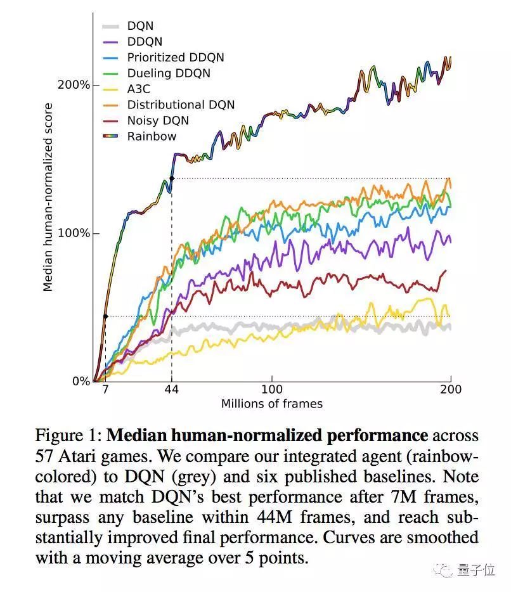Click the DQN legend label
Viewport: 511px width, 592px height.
pos(140,26)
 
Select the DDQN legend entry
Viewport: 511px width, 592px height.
pos(145,42)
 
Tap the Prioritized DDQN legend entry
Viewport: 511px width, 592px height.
pos(175,58)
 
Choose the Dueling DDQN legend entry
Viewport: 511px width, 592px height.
pos(168,74)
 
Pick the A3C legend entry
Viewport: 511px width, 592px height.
pos(139,89)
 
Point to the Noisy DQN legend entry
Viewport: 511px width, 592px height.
pos(157,120)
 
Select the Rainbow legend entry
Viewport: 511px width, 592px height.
pos(152,136)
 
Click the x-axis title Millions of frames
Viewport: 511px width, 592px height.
pos(271,404)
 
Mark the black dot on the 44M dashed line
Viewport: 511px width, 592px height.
pos(171,178)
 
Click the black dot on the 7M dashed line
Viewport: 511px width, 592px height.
pos(105,316)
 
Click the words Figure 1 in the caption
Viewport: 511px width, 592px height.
pos(68,437)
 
